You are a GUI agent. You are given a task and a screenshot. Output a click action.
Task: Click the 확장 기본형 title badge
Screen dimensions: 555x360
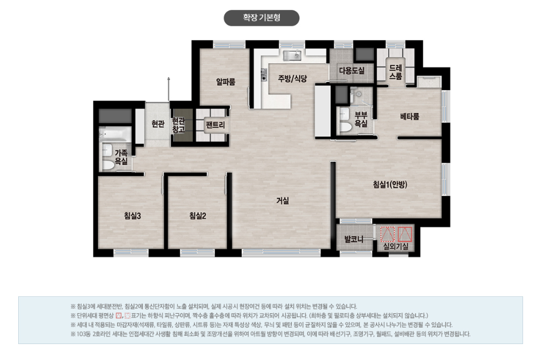262,18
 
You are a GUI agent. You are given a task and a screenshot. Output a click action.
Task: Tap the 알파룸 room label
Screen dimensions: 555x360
226,82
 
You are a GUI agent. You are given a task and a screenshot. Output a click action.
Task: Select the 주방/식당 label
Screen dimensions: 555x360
292,79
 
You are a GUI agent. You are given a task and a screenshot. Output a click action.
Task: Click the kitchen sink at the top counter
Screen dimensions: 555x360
292,55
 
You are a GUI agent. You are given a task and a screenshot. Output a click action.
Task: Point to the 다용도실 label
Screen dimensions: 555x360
351,70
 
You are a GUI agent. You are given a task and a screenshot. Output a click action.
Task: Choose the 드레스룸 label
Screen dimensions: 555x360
395,72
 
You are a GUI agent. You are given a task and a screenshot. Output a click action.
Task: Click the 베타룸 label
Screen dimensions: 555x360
410,117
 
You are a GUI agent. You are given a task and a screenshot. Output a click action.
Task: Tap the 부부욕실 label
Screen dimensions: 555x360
361,119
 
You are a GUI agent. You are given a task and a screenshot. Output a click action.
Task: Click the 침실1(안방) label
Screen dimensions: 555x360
390,184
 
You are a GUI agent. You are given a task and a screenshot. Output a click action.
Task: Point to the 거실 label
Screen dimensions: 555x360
282,201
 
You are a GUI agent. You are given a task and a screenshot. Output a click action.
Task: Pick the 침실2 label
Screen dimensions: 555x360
198,216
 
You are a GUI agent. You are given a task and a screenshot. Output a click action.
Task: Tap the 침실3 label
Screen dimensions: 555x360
132,216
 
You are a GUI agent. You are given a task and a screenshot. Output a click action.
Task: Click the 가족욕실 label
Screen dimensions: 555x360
121,157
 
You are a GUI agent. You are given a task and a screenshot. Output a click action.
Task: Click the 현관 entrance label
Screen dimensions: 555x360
158,124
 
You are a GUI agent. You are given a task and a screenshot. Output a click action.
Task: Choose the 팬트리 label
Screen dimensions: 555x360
215,125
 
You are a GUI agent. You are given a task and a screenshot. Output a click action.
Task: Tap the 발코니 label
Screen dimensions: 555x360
354,239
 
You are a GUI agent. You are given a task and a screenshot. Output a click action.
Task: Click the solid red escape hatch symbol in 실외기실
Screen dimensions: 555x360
405,234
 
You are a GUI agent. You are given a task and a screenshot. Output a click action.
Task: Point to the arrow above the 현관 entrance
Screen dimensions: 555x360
169,89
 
